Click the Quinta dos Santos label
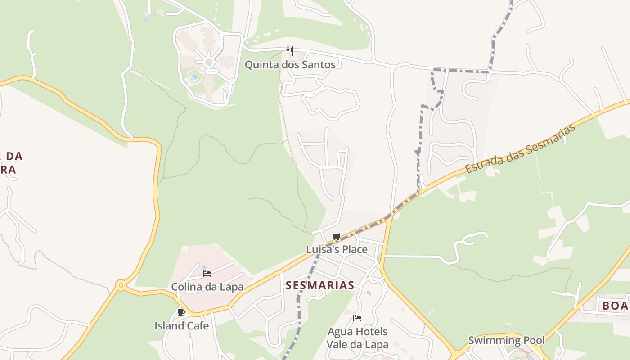tap(290, 65)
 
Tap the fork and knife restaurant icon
tap(290, 51)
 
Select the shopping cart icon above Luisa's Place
tap(337, 237)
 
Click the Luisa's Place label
tap(337, 249)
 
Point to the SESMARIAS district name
tap(319, 285)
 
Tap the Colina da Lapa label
tap(207, 287)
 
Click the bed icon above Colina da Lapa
tap(207, 273)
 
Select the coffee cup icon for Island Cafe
tap(181, 312)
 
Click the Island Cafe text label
tap(181, 325)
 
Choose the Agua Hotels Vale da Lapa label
tap(357, 338)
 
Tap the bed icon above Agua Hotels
tap(357, 318)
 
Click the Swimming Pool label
tap(506, 340)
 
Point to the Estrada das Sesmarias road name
tap(520, 148)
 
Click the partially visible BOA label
tap(615, 306)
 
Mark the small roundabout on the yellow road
tap(120, 285)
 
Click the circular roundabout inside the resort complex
tap(209, 62)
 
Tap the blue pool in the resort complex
tap(194, 77)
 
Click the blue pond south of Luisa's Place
tap(369, 293)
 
